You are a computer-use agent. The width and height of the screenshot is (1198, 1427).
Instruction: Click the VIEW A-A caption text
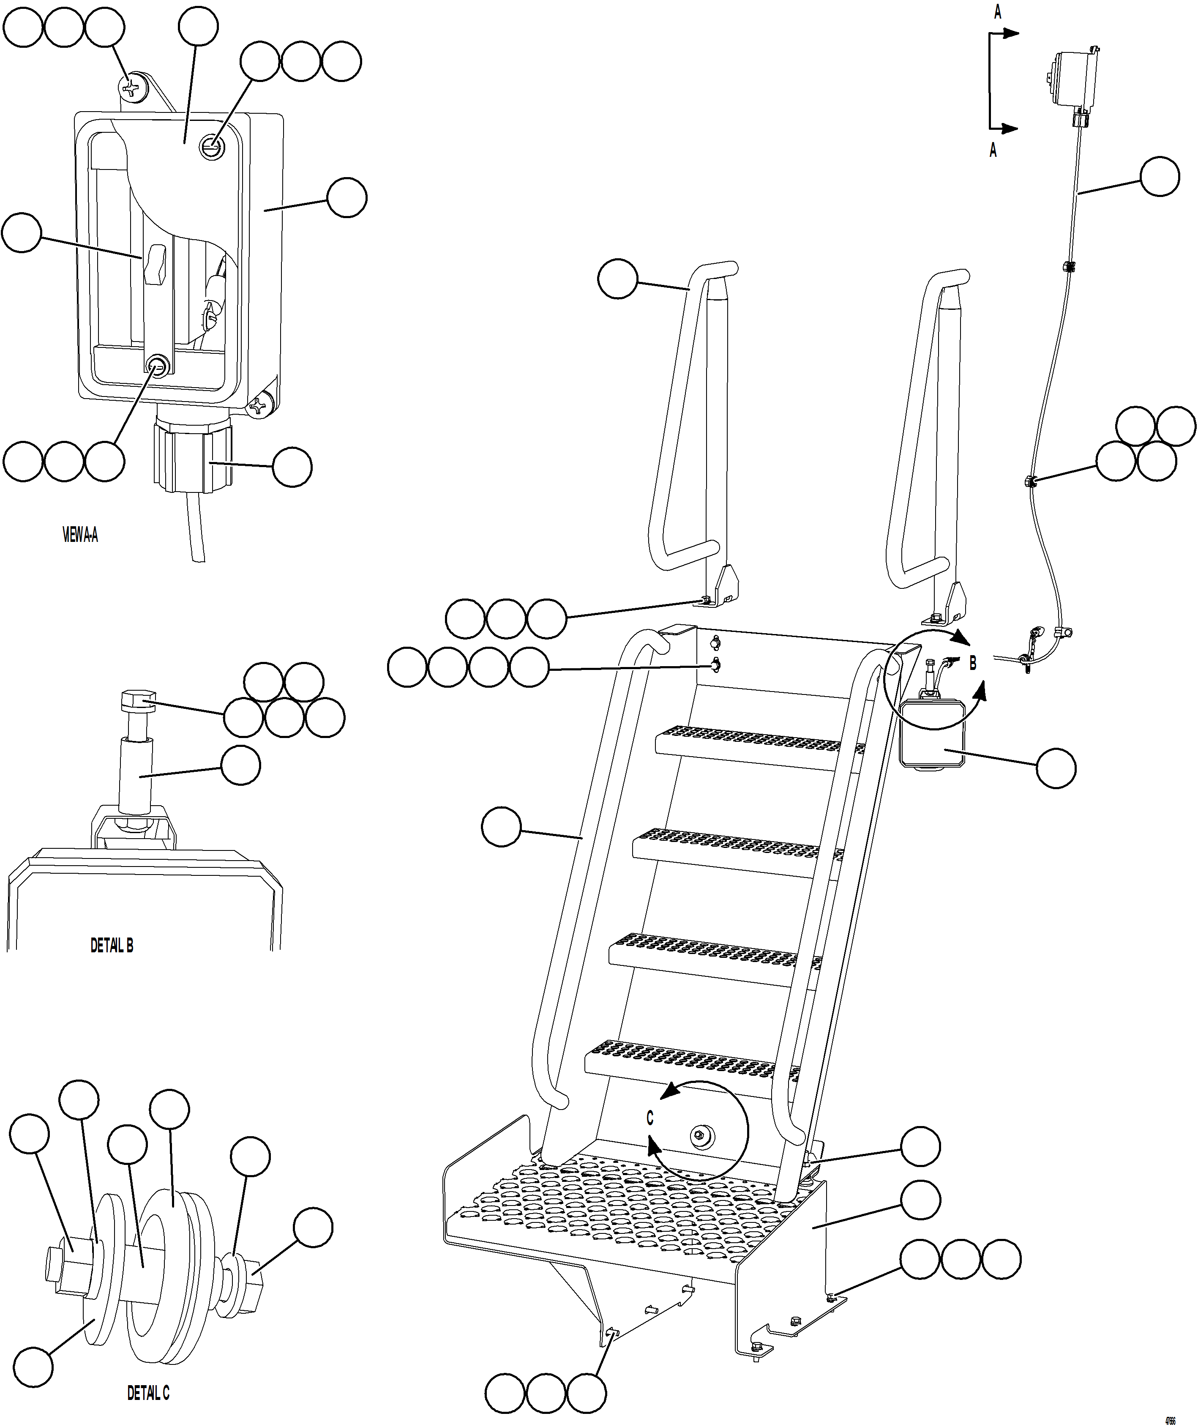pos(80,536)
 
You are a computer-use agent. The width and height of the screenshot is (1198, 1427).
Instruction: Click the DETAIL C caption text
pos(148,1393)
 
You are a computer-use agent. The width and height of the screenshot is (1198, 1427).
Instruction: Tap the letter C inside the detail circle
pos(649,1118)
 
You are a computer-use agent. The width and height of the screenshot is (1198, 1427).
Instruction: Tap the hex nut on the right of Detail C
pos(254,1277)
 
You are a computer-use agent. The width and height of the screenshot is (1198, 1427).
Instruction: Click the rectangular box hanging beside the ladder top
pos(931,737)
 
